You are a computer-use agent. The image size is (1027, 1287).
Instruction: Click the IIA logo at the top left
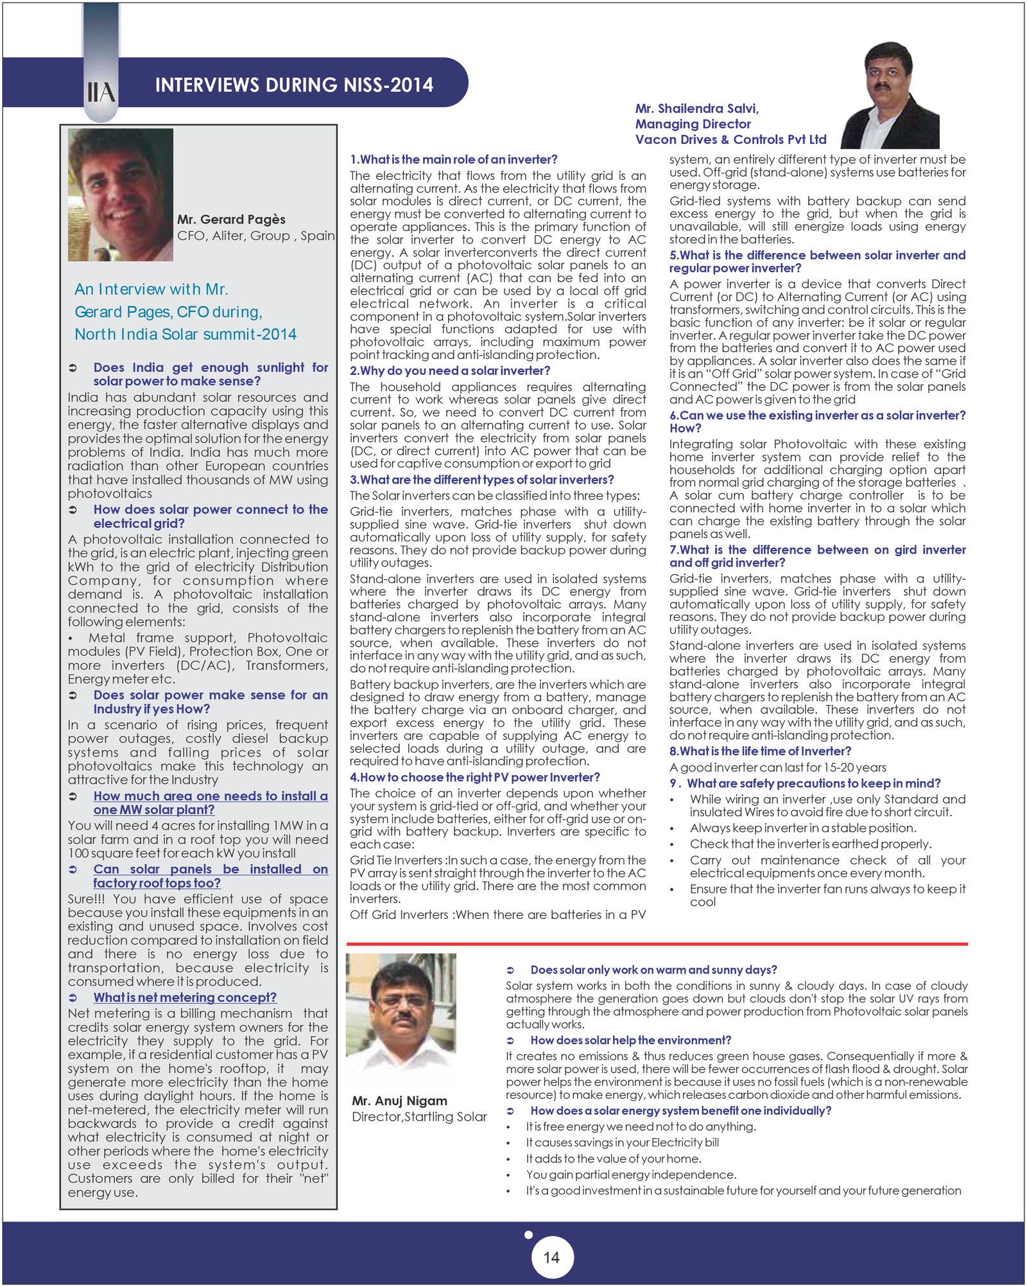pyautogui.click(x=101, y=92)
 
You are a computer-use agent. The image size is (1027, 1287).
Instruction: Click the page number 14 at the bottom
pyautogui.click(x=551, y=1257)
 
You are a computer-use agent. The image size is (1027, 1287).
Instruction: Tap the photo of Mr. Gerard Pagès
pyautogui.click(x=121, y=194)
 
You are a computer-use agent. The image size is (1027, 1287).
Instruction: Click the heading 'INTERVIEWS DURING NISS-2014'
pyautogui.click(x=294, y=85)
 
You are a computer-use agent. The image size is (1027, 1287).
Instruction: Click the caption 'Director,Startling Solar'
pyautogui.click(x=419, y=1117)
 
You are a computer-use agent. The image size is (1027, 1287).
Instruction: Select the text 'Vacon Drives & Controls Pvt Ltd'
pyautogui.click(x=730, y=139)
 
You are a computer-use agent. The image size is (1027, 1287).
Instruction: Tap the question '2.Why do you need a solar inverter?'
pyautogui.click(x=450, y=371)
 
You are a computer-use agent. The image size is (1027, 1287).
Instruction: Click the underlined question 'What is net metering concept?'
pyautogui.click(x=185, y=997)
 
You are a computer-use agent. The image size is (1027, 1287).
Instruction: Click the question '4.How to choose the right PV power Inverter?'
pyautogui.click(x=474, y=777)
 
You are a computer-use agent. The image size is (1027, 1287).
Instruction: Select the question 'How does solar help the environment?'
pyautogui.click(x=630, y=1040)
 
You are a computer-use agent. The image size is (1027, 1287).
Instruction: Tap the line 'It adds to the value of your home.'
pyautogui.click(x=613, y=1159)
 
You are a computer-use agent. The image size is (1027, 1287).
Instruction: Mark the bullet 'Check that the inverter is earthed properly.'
pyautogui.click(x=810, y=844)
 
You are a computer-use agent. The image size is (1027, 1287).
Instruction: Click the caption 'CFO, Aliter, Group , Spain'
pyautogui.click(x=255, y=236)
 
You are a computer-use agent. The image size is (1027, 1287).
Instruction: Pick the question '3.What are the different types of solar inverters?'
pyautogui.click(x=481, y=480)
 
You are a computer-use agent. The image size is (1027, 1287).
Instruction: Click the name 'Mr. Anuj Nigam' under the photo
pyautogui.click(x=399, y=1101)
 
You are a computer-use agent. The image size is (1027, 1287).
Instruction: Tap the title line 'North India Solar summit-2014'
pyautogui.click(x=185, y=334)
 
